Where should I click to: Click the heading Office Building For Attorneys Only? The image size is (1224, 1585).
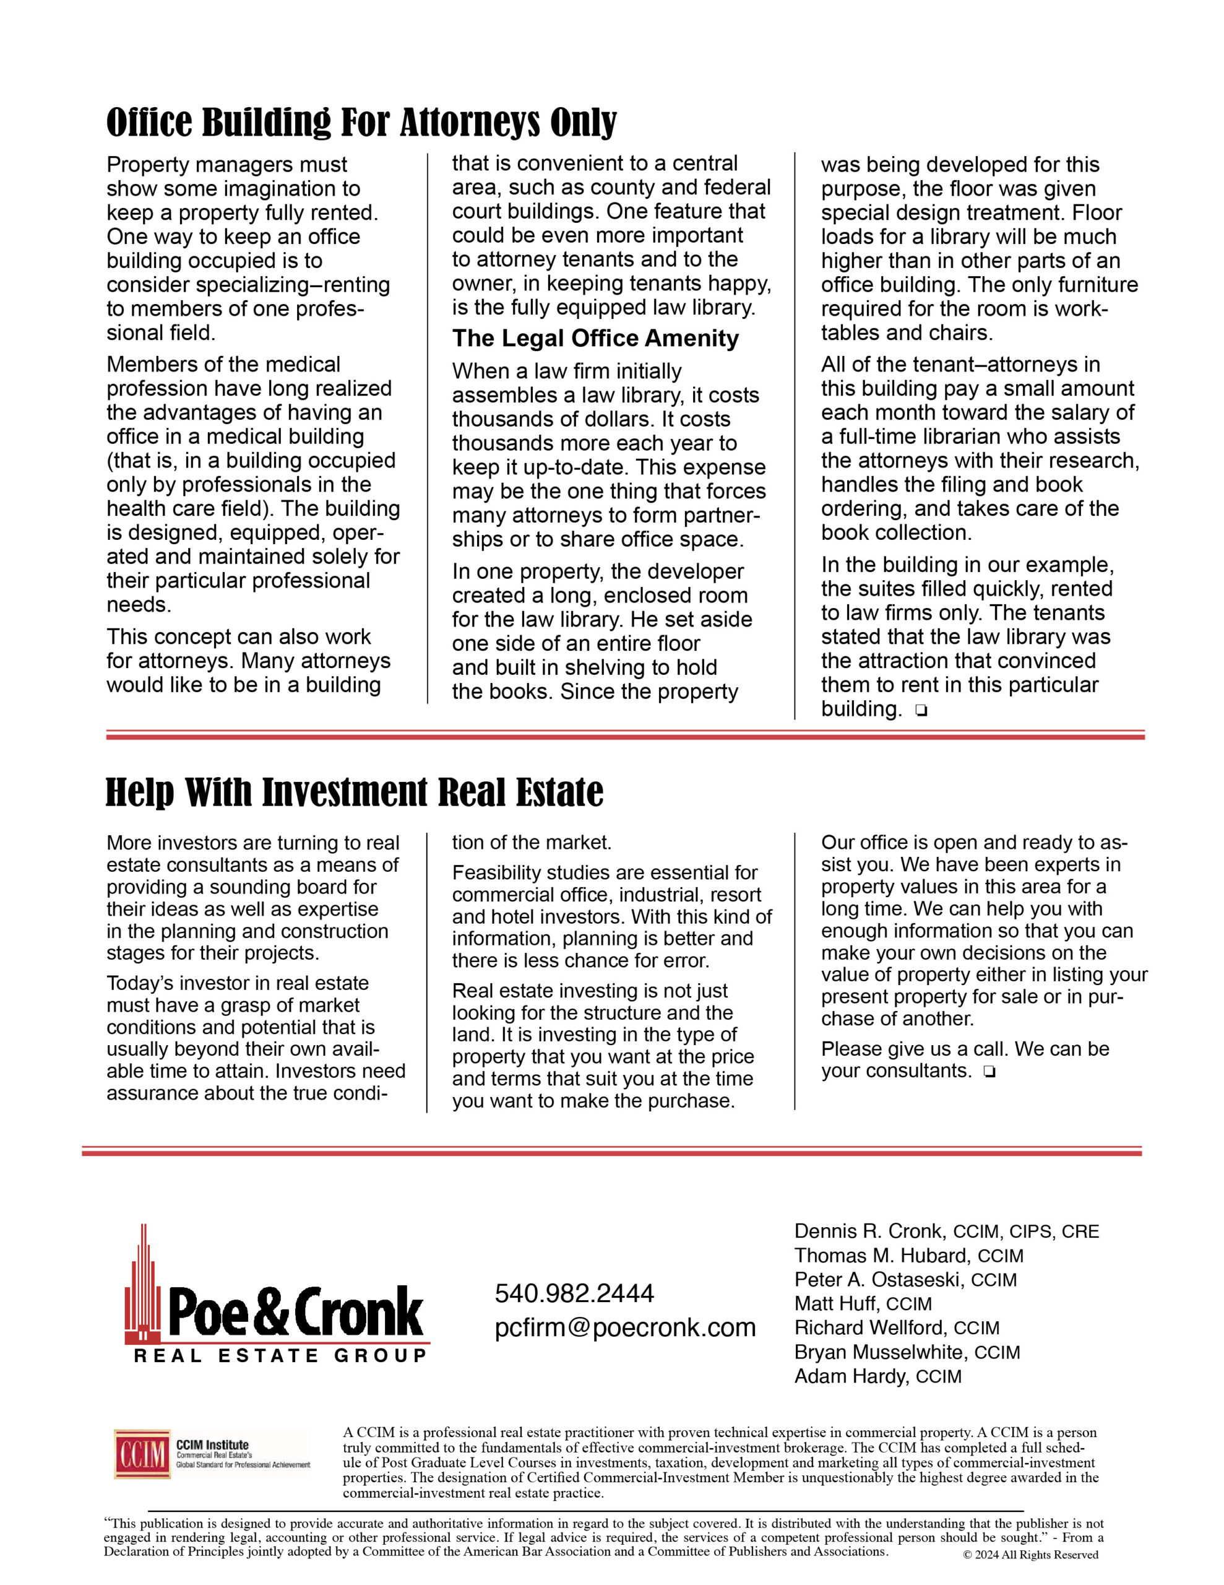361,122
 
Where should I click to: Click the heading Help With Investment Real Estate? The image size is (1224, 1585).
354,792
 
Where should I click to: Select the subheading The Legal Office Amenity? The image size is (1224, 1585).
595,338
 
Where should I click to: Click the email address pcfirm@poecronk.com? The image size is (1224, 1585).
625,1327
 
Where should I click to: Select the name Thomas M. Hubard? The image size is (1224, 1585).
882,1256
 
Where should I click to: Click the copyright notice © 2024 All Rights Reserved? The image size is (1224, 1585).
1030,1555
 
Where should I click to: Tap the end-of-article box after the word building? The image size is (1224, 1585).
921,711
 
